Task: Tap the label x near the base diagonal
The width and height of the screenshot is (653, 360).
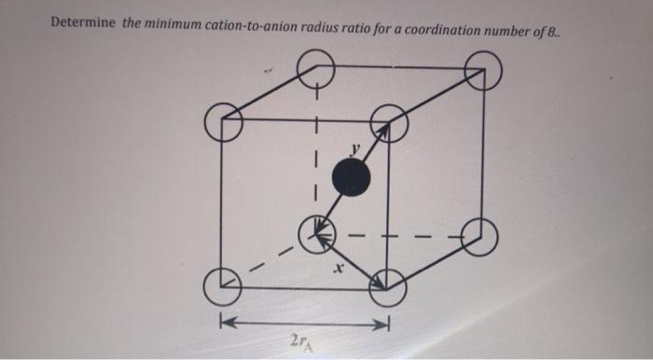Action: (x=340, y=269)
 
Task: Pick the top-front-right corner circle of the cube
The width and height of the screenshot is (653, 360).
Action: (x=387, y=122)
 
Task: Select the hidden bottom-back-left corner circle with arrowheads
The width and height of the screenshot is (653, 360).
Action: (x=317, y=233)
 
